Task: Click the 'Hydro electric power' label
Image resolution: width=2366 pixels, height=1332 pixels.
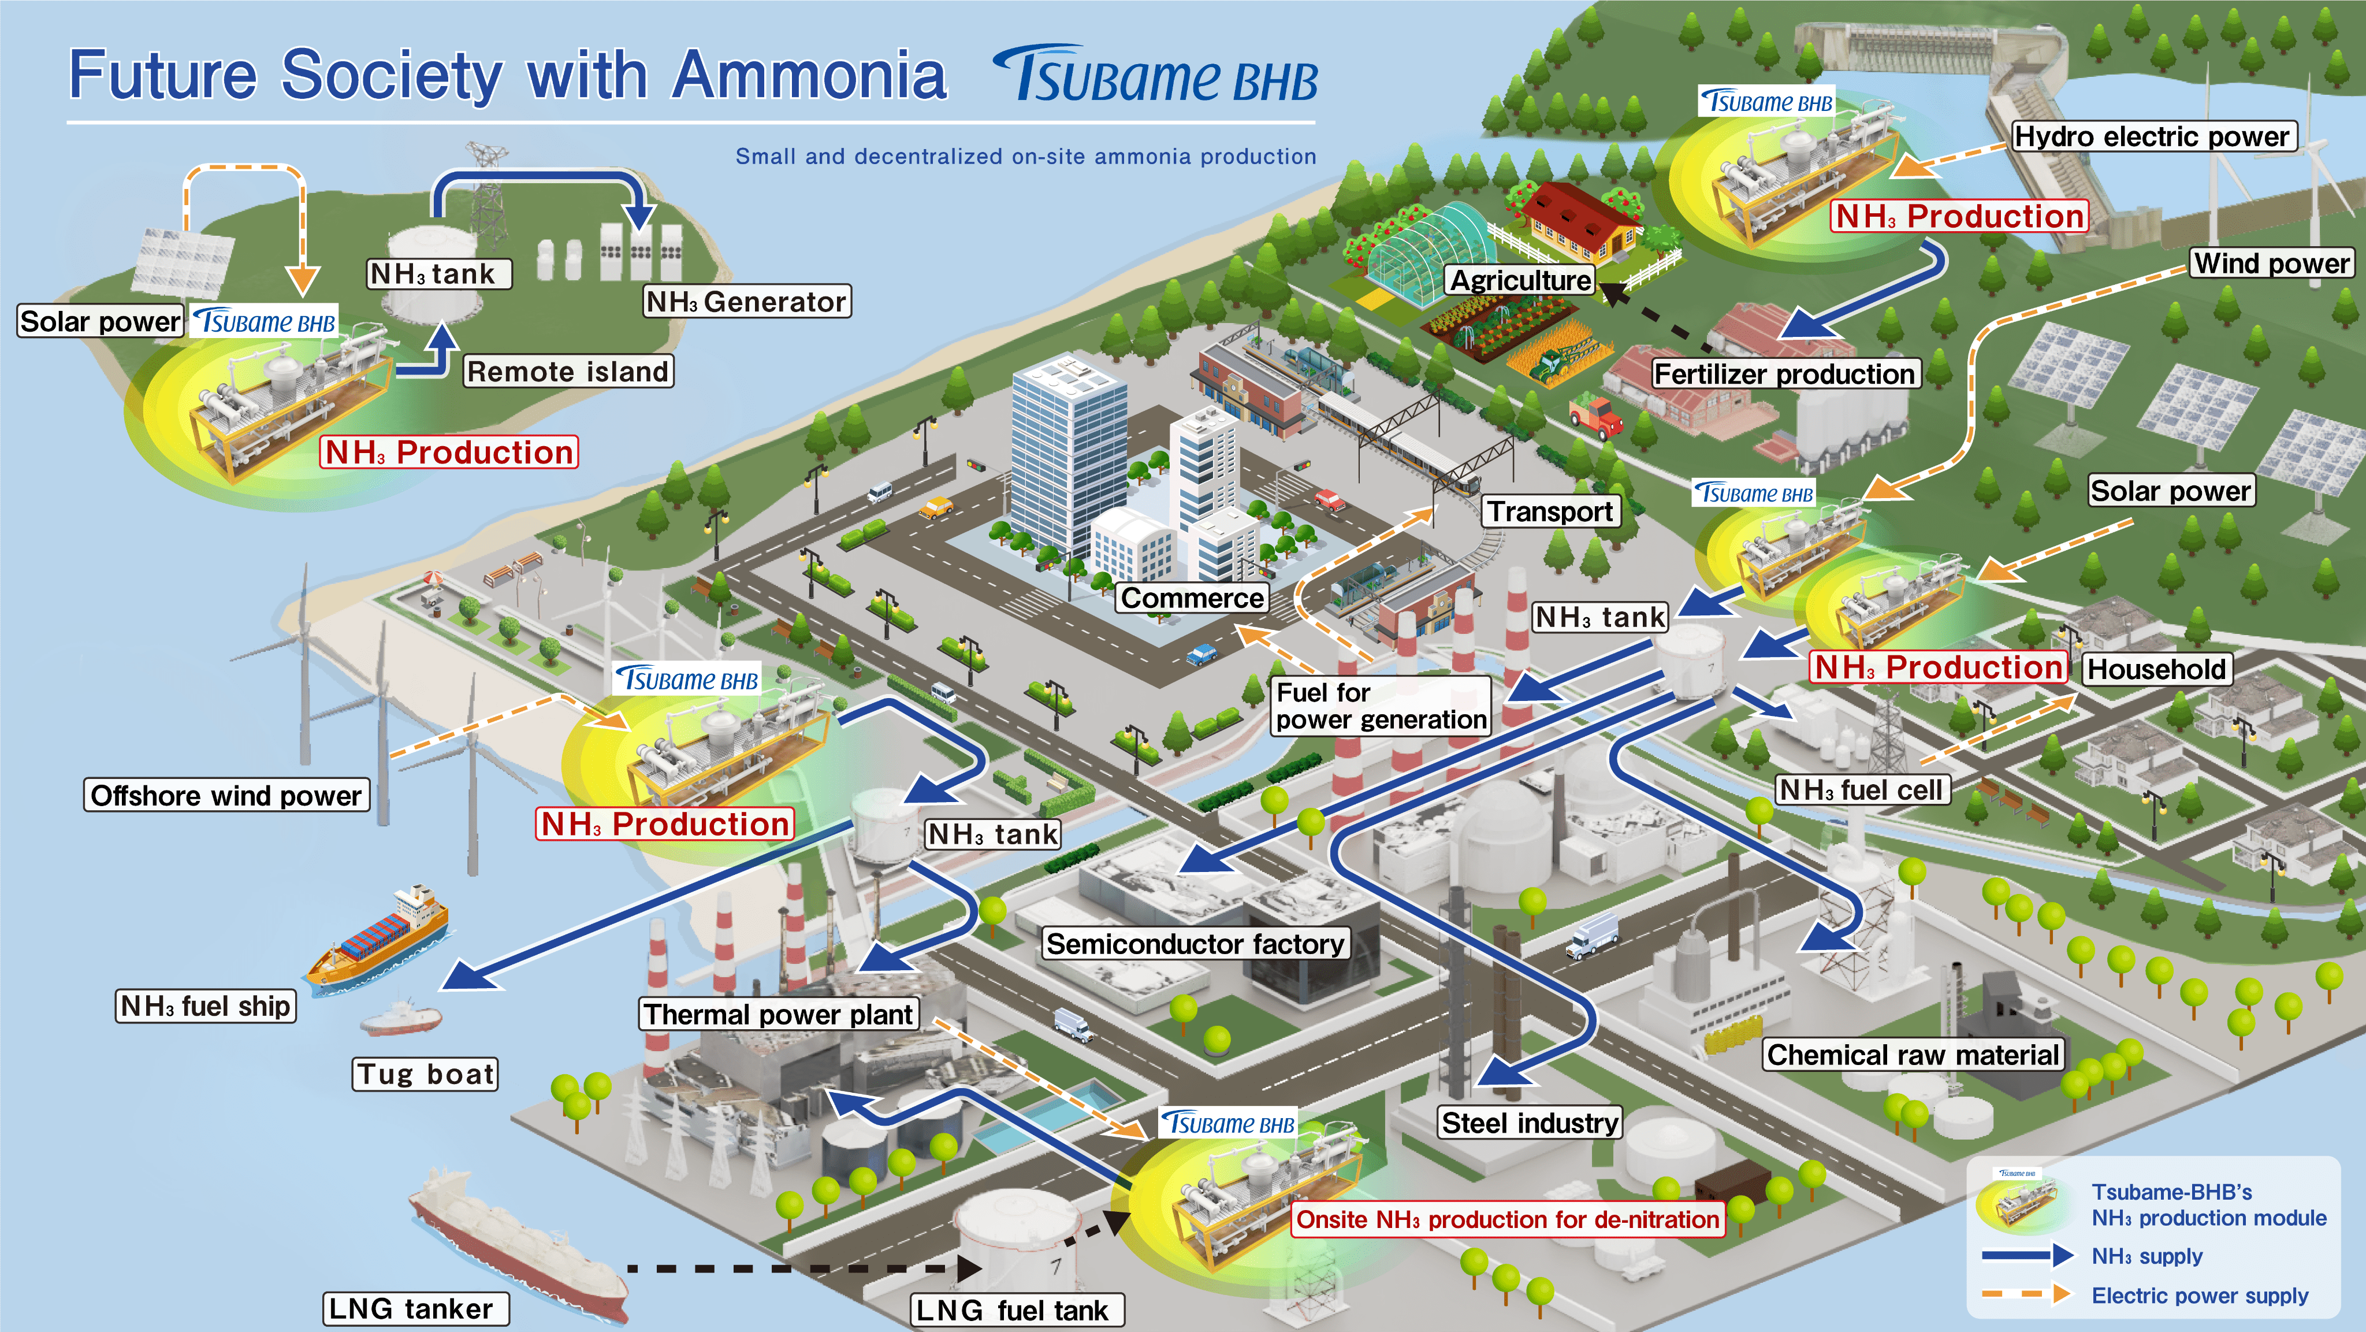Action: [2151, 137]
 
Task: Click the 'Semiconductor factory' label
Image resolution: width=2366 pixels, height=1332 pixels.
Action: [1195, 944]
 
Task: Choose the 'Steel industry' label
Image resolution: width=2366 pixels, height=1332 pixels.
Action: [1529, 1123]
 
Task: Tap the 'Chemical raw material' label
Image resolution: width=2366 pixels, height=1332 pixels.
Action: [1913, 1055]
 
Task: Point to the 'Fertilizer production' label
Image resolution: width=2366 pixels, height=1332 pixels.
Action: [1784, 374]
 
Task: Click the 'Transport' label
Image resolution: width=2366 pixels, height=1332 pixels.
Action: [1550, 511]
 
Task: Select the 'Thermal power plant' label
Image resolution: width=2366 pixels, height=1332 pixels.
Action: [778, 1014]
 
